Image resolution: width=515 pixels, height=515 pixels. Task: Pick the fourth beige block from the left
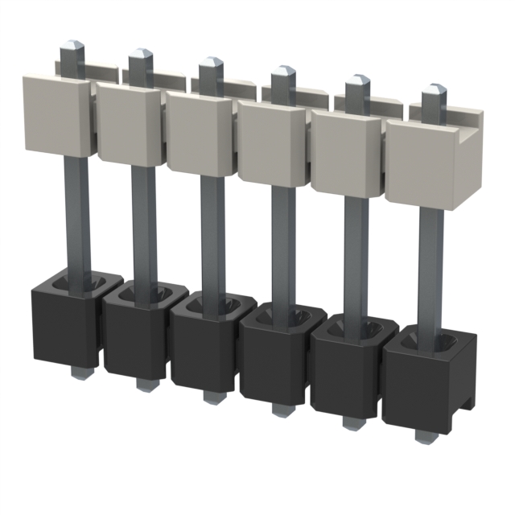(x=270, y=142)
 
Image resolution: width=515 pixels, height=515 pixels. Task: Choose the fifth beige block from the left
(x=344, y=153)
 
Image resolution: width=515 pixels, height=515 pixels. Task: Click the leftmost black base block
(x=64, y=322)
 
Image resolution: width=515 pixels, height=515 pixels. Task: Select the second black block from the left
(x=134, y=335)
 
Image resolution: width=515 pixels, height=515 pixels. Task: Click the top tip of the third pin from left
(x=211, y=62)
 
